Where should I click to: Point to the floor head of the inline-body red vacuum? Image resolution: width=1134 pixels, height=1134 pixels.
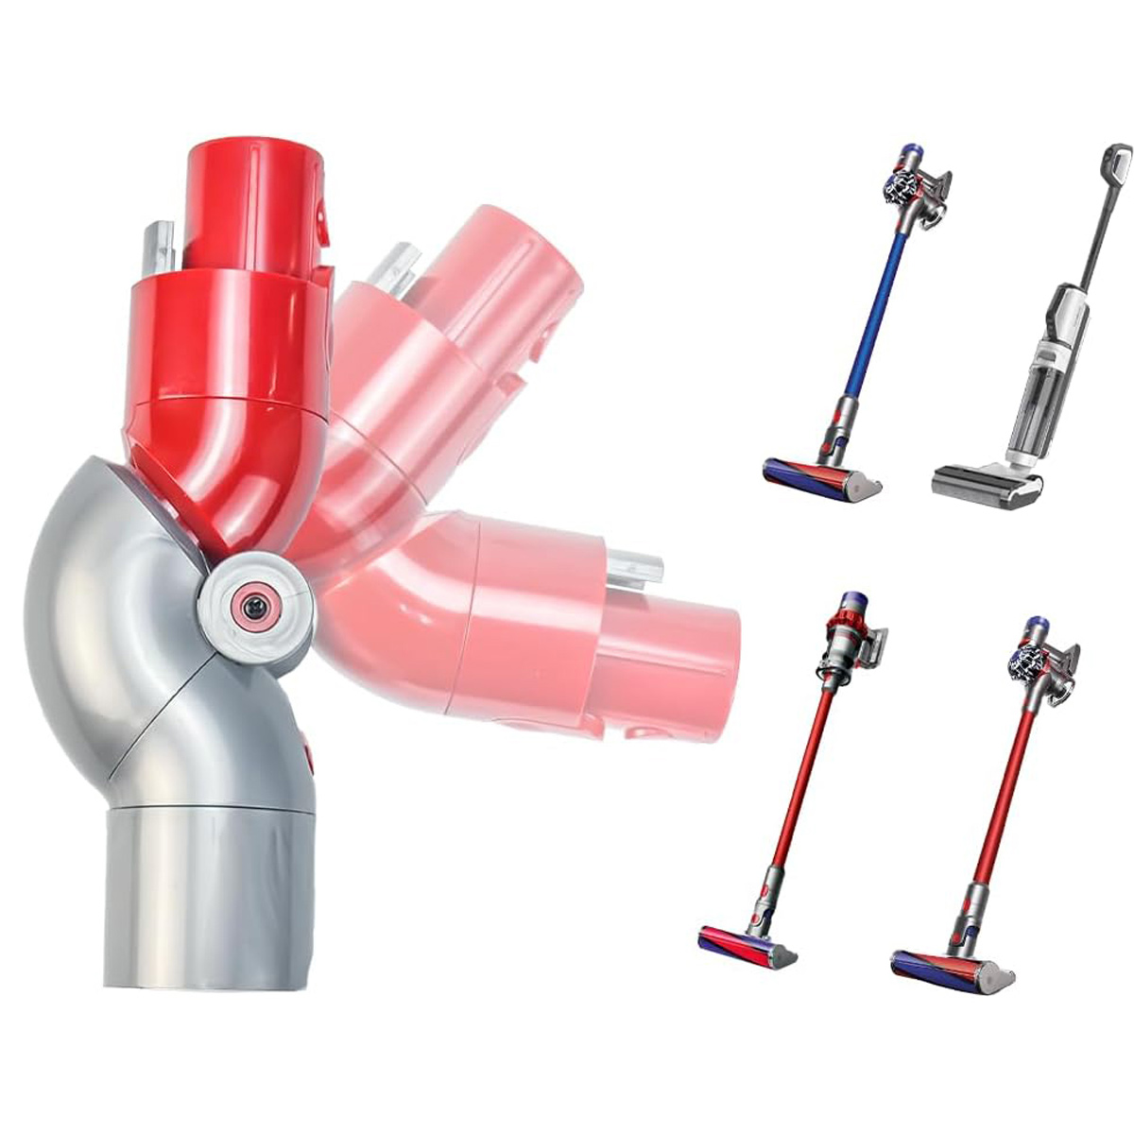(747, 946)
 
